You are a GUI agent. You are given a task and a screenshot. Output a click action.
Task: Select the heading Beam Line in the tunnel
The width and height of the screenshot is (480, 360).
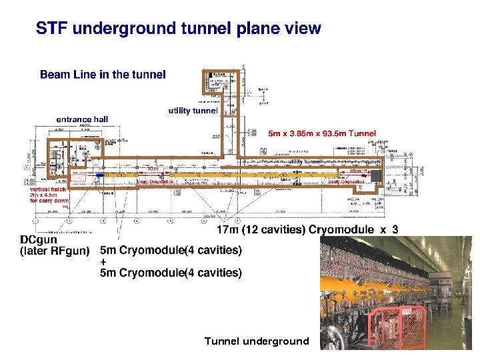tap(103, 74)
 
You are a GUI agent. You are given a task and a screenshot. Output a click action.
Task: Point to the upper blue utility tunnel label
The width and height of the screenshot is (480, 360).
tap(193, 110)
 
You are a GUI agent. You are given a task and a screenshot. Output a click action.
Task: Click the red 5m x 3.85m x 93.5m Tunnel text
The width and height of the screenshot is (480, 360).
tap(322, 133)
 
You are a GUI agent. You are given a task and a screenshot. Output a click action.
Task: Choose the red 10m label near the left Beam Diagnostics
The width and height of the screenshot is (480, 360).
tap(153, 168)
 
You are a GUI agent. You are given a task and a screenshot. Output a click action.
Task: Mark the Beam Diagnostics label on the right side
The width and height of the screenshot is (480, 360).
tap(346, 181)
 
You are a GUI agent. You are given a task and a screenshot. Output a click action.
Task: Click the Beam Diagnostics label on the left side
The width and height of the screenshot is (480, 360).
tap(155, 181)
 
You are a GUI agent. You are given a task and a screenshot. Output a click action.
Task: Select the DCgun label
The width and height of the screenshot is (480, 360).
tap(38, 239)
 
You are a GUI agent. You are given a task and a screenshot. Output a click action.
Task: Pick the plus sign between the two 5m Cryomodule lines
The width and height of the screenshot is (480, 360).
tap(103, 262)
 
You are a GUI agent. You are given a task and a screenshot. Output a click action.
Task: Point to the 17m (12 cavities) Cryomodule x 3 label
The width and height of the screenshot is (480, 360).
tap(309, 230)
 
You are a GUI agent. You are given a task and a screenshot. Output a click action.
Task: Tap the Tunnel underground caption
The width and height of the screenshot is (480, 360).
tap(257, 341)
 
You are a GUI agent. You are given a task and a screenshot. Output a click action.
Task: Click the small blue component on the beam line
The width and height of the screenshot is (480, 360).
tap(99, 175)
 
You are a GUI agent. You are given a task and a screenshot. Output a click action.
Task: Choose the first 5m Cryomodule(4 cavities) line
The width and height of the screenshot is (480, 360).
tap(171, 251)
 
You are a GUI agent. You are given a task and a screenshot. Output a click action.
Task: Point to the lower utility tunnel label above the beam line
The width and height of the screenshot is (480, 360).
tap(305, 161)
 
